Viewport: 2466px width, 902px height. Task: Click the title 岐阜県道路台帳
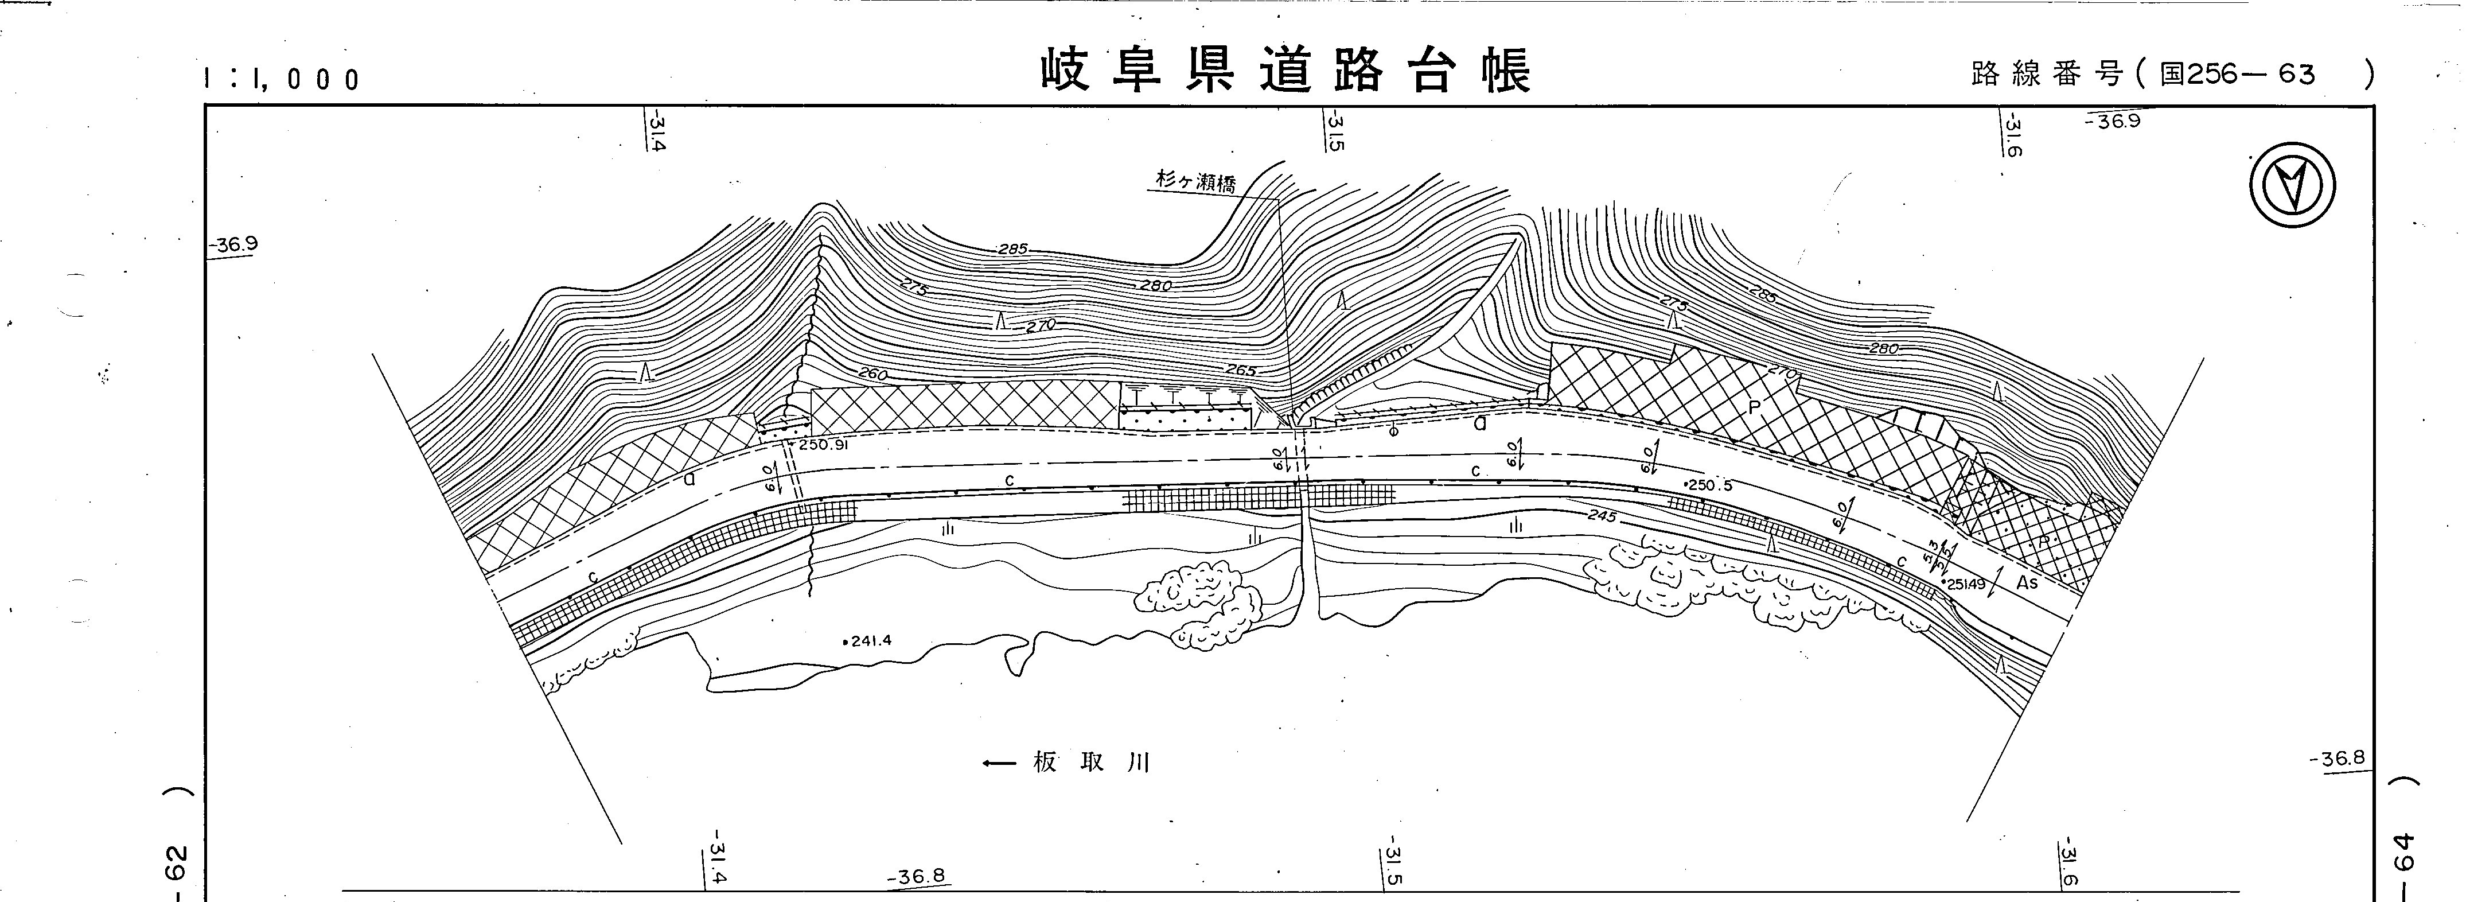pyautogui.click(x=1285, y=70)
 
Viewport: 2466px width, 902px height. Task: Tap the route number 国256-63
pyautogui.click(x=2236, y=73)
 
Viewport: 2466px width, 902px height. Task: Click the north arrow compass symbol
pyautogui.click(x=2291, y=185)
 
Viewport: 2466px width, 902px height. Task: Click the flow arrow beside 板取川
pyautogui.click(x=999, y=763)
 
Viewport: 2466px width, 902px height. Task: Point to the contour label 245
pyautogui.click(x=1600, y=516)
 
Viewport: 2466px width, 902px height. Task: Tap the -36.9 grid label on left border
pyautogui.click(x=236, y=244)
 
